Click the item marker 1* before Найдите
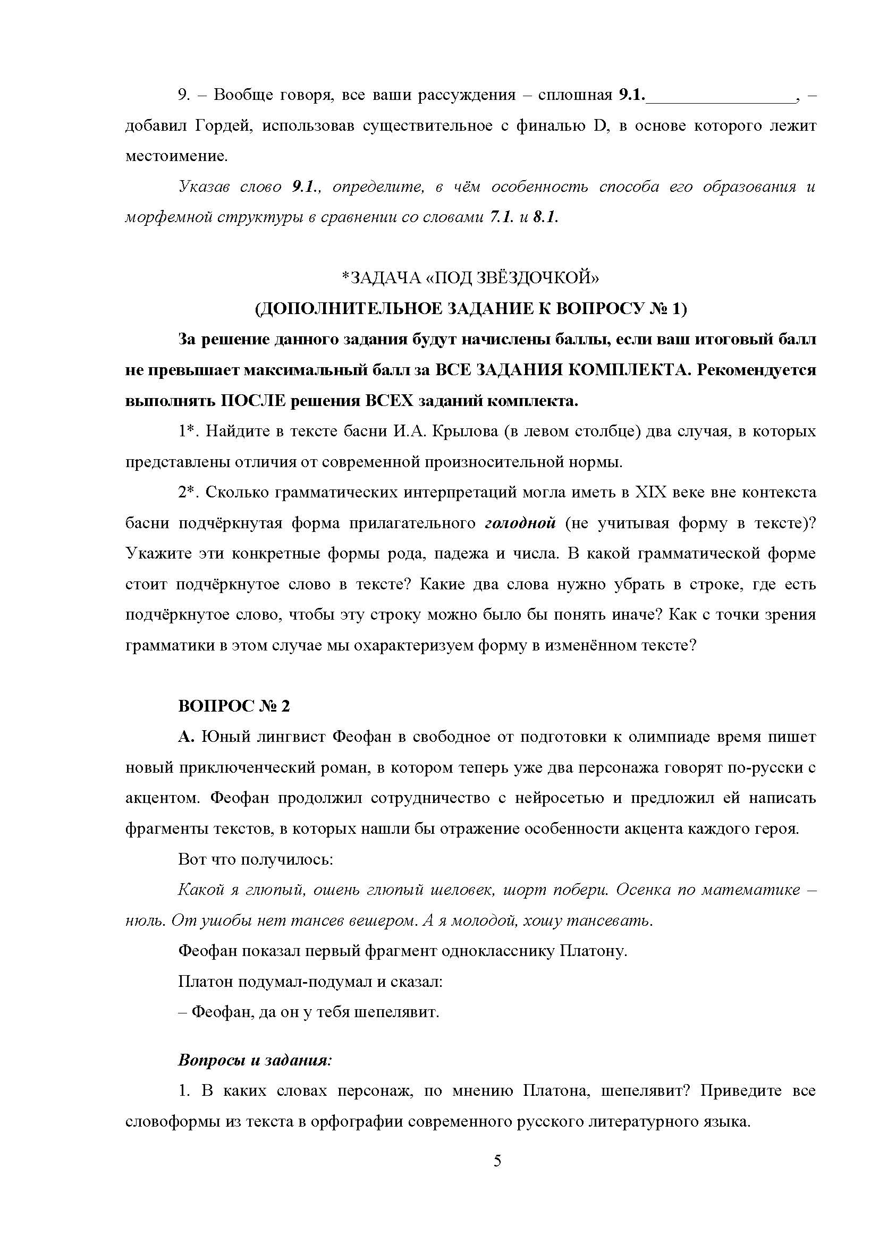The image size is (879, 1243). pyautogui.click(x=189, y=432)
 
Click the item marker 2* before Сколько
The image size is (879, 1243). pyautogui.click(x=189, y=493)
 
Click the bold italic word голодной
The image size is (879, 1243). pyautogui.click(x=520, y=523)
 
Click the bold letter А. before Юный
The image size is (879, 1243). pyautogui.click(x=185, y=738)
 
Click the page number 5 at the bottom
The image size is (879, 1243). pyautogui.click(x=497, y=1161)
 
